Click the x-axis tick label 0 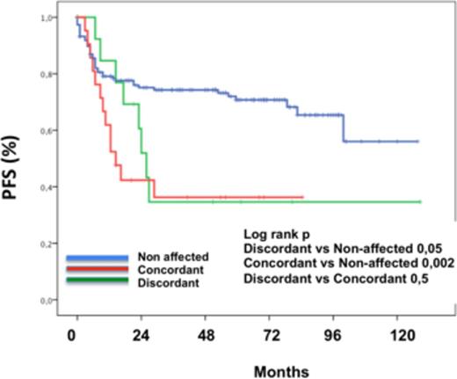click(x=77, y=336)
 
